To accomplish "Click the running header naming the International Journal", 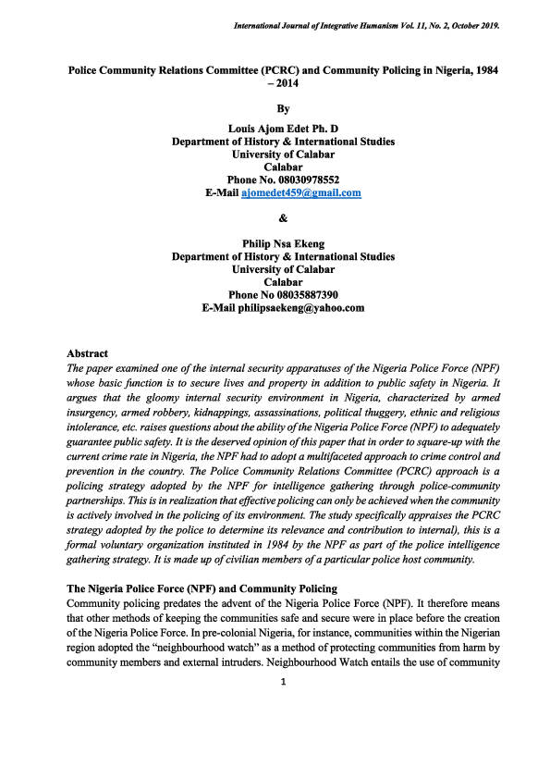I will (x=367, y=26).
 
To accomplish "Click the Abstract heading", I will (x=88, y=353).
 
